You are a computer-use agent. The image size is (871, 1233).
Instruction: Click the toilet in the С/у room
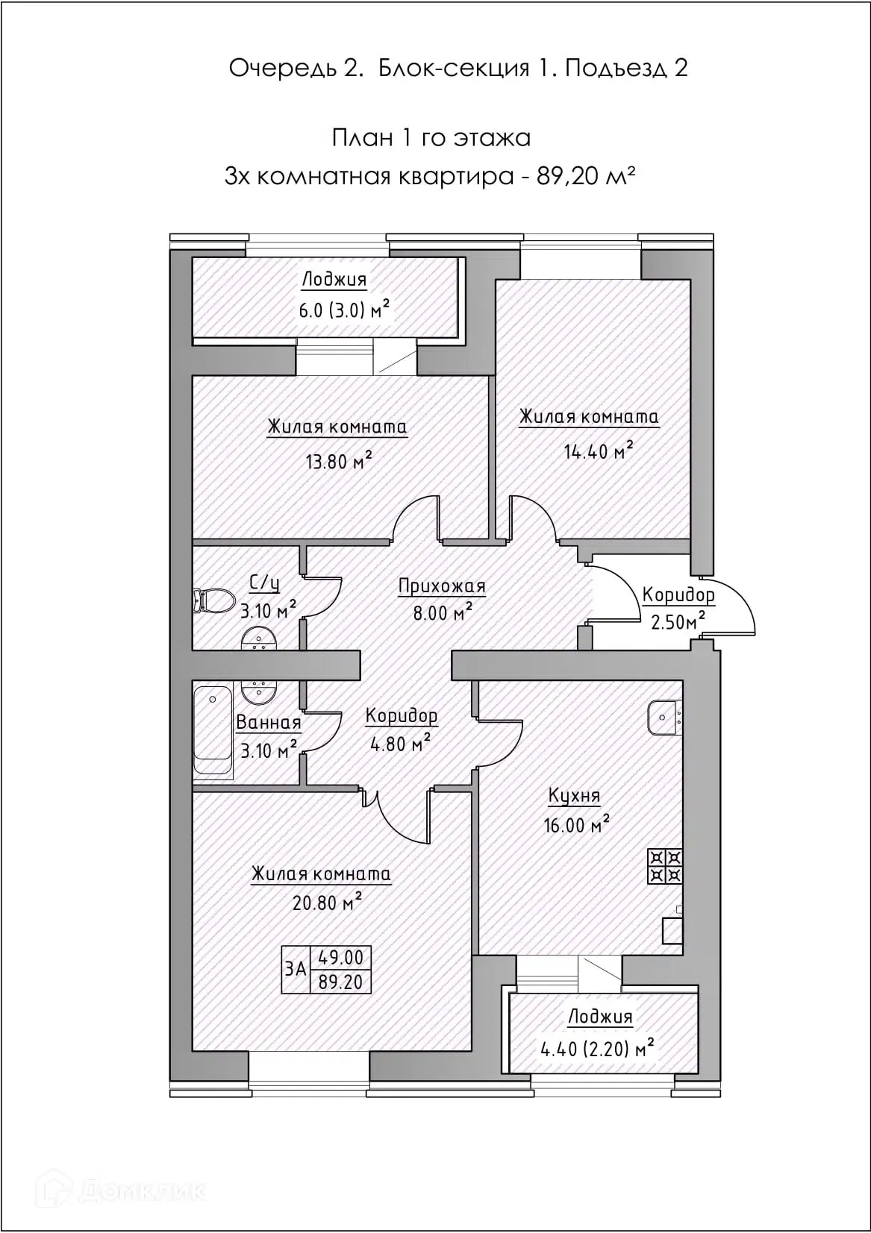click(x=213, y=600)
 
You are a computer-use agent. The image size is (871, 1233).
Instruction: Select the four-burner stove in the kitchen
click(x=665, y=867)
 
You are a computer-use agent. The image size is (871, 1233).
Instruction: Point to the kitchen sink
click(x=665, y=718)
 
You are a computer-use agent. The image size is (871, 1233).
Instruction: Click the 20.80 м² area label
click(x=327, y=903)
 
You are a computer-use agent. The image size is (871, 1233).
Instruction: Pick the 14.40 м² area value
click(x=598, y=451)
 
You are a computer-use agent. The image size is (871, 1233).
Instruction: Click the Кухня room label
click(x=574, y=796)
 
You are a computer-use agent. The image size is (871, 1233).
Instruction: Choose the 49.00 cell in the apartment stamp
click(x=341, y=958)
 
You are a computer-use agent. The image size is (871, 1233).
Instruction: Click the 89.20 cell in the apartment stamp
click(x=341, y=982)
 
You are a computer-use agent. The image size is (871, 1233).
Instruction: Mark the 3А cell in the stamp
click(x=296, y=970)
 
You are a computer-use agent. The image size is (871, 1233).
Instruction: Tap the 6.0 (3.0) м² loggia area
click(x=344, y=310)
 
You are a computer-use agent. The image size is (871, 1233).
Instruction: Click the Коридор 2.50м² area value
click(x=678, y=622)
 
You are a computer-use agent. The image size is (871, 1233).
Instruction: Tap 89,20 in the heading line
click(x=567, y=176)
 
